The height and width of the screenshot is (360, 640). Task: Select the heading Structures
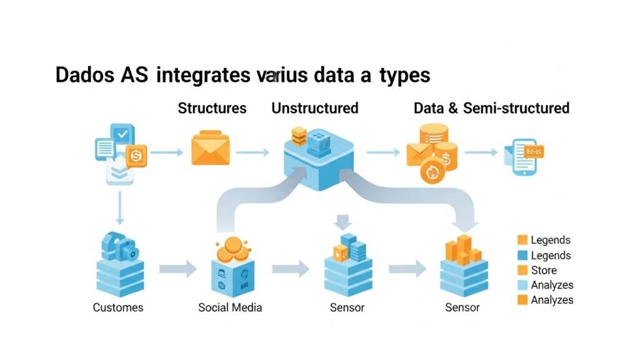[212, 108]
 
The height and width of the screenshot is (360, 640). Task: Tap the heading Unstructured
[314, 108]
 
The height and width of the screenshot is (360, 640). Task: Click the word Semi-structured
[516, 108]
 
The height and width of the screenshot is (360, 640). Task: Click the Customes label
[118, 307]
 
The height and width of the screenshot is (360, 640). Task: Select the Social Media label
[230, 307]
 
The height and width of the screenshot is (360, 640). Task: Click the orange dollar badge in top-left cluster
[136, 155]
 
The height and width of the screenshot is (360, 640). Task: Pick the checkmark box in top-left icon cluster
[123, 134]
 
